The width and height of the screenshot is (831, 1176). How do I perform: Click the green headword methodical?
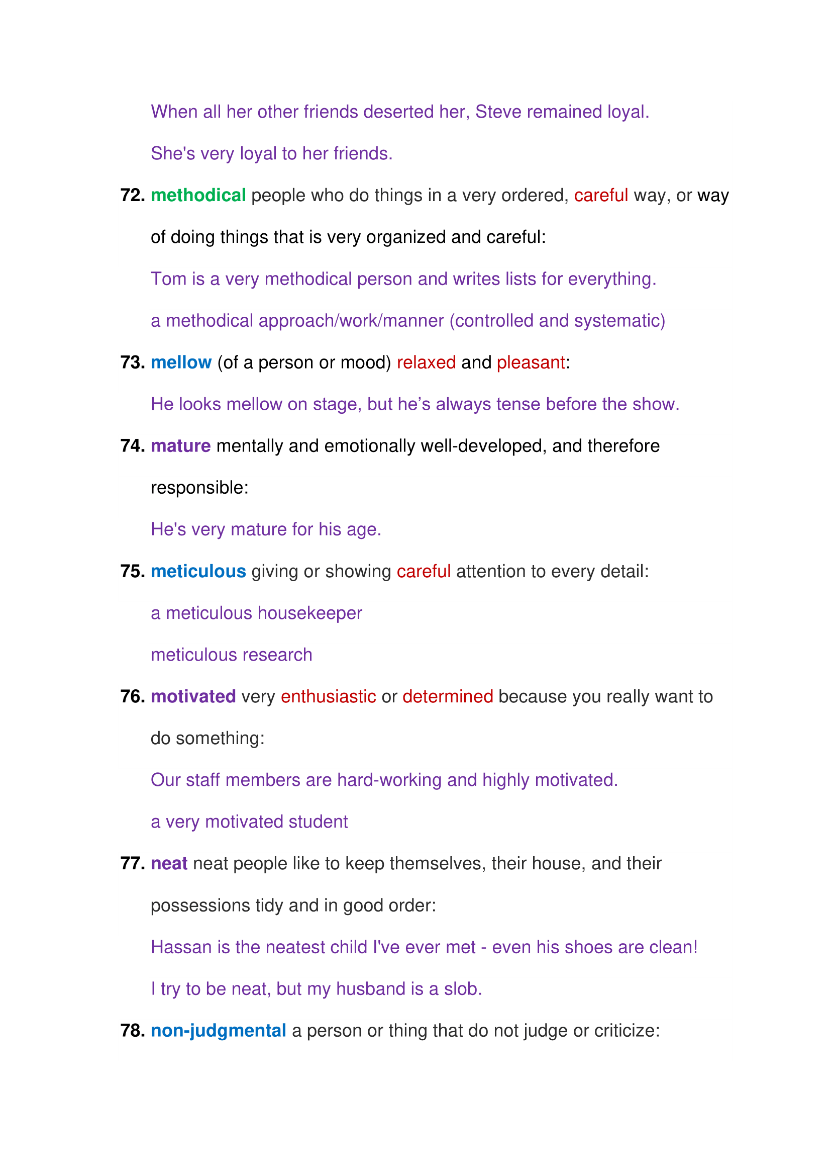[x=198, y=196]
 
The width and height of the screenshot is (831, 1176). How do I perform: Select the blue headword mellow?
[x=181, y=363]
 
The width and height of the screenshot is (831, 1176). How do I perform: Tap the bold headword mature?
[x=181, y=446]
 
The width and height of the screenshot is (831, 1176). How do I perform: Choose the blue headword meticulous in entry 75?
[x=198, y=572]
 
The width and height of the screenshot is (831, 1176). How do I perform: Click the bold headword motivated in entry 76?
[x=193, y=696]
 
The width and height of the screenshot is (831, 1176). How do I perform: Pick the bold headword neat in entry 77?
[x=169, y=864]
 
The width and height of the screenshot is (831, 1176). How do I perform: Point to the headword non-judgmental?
[x=218, y=1031]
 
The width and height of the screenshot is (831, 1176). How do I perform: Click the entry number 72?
[x=132, y=196]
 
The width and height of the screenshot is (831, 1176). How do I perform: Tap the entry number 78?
[x=132, y=1031]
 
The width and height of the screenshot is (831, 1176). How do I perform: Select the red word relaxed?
[x=426, y=363]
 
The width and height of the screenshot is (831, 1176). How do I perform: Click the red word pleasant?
[x=531, y=363]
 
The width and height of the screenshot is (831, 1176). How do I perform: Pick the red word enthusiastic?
[x=328, y=696]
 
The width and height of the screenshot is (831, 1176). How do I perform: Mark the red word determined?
[x=447, y=696]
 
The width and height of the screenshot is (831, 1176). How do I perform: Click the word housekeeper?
[x=309, y=613]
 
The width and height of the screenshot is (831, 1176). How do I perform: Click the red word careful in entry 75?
[x=423, y=572]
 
